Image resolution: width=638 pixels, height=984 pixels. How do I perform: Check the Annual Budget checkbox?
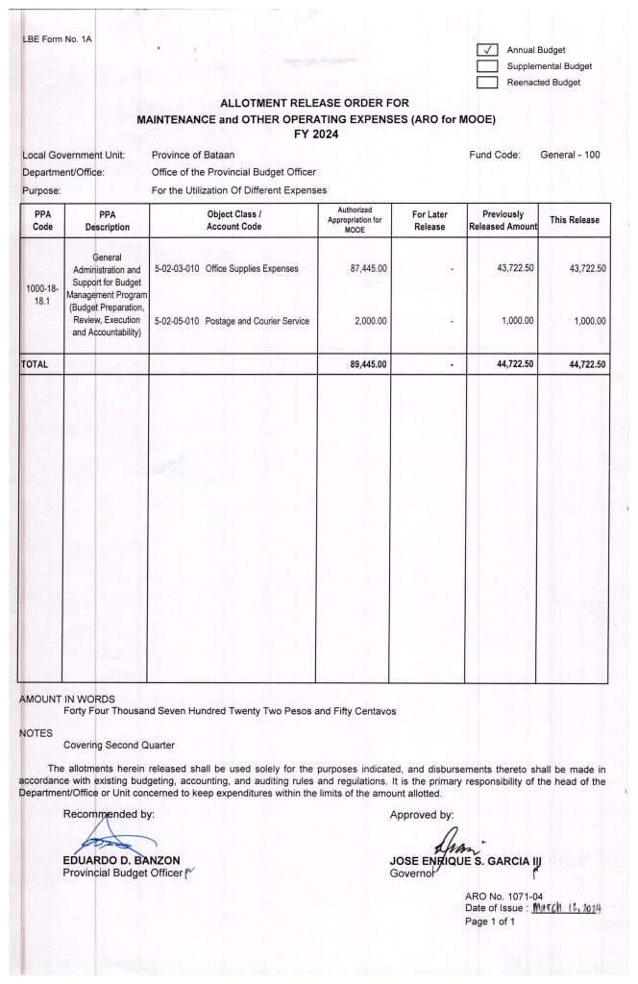(488, 50)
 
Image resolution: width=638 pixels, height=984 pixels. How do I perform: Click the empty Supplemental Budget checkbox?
(488, 66)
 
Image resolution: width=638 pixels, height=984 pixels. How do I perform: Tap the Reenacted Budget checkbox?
(488, 83)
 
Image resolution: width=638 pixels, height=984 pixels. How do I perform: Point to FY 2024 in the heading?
(318, 135)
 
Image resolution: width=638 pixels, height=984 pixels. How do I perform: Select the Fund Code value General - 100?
(570, 155)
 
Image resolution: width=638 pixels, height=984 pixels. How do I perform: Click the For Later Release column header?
(429, 220)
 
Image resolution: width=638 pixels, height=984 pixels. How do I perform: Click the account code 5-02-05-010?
(174, 320)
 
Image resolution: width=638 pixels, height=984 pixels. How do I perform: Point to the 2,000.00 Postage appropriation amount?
(372, 320)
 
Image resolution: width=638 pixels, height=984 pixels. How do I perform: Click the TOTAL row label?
(35, 365)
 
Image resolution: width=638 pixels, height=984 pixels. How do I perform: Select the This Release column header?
(574, 220)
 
